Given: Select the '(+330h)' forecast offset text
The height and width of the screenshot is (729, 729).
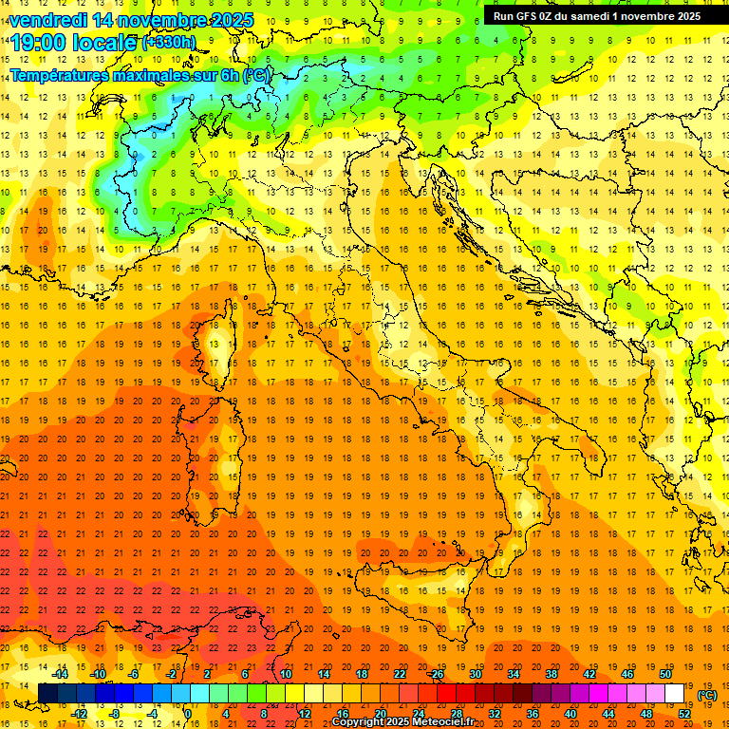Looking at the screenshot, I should pyautogui.click(x=169, y=42).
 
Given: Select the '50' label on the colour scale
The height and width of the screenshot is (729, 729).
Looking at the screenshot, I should pyautogui.click(x=665, y=674).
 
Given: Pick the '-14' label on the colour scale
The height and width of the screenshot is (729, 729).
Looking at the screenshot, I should pyautogui.click(x=61, y=674).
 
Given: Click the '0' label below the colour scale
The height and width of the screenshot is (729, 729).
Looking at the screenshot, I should pyautogui.click(x=188, y=714).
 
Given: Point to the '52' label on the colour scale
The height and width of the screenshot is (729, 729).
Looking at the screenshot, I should pyautogui.click(x=684, y=714).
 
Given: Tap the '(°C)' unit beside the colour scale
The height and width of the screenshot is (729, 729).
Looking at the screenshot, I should pyautogui.click(x=707, y=695).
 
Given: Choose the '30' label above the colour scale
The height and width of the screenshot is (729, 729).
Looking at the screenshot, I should pyautogui.click(x=476, y=674).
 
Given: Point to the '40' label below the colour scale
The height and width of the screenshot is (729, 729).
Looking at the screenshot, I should pyautogui.click(x=570, y=714).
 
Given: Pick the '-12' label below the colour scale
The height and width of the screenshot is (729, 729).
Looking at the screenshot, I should pyautogui.click(x=80, y=714).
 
